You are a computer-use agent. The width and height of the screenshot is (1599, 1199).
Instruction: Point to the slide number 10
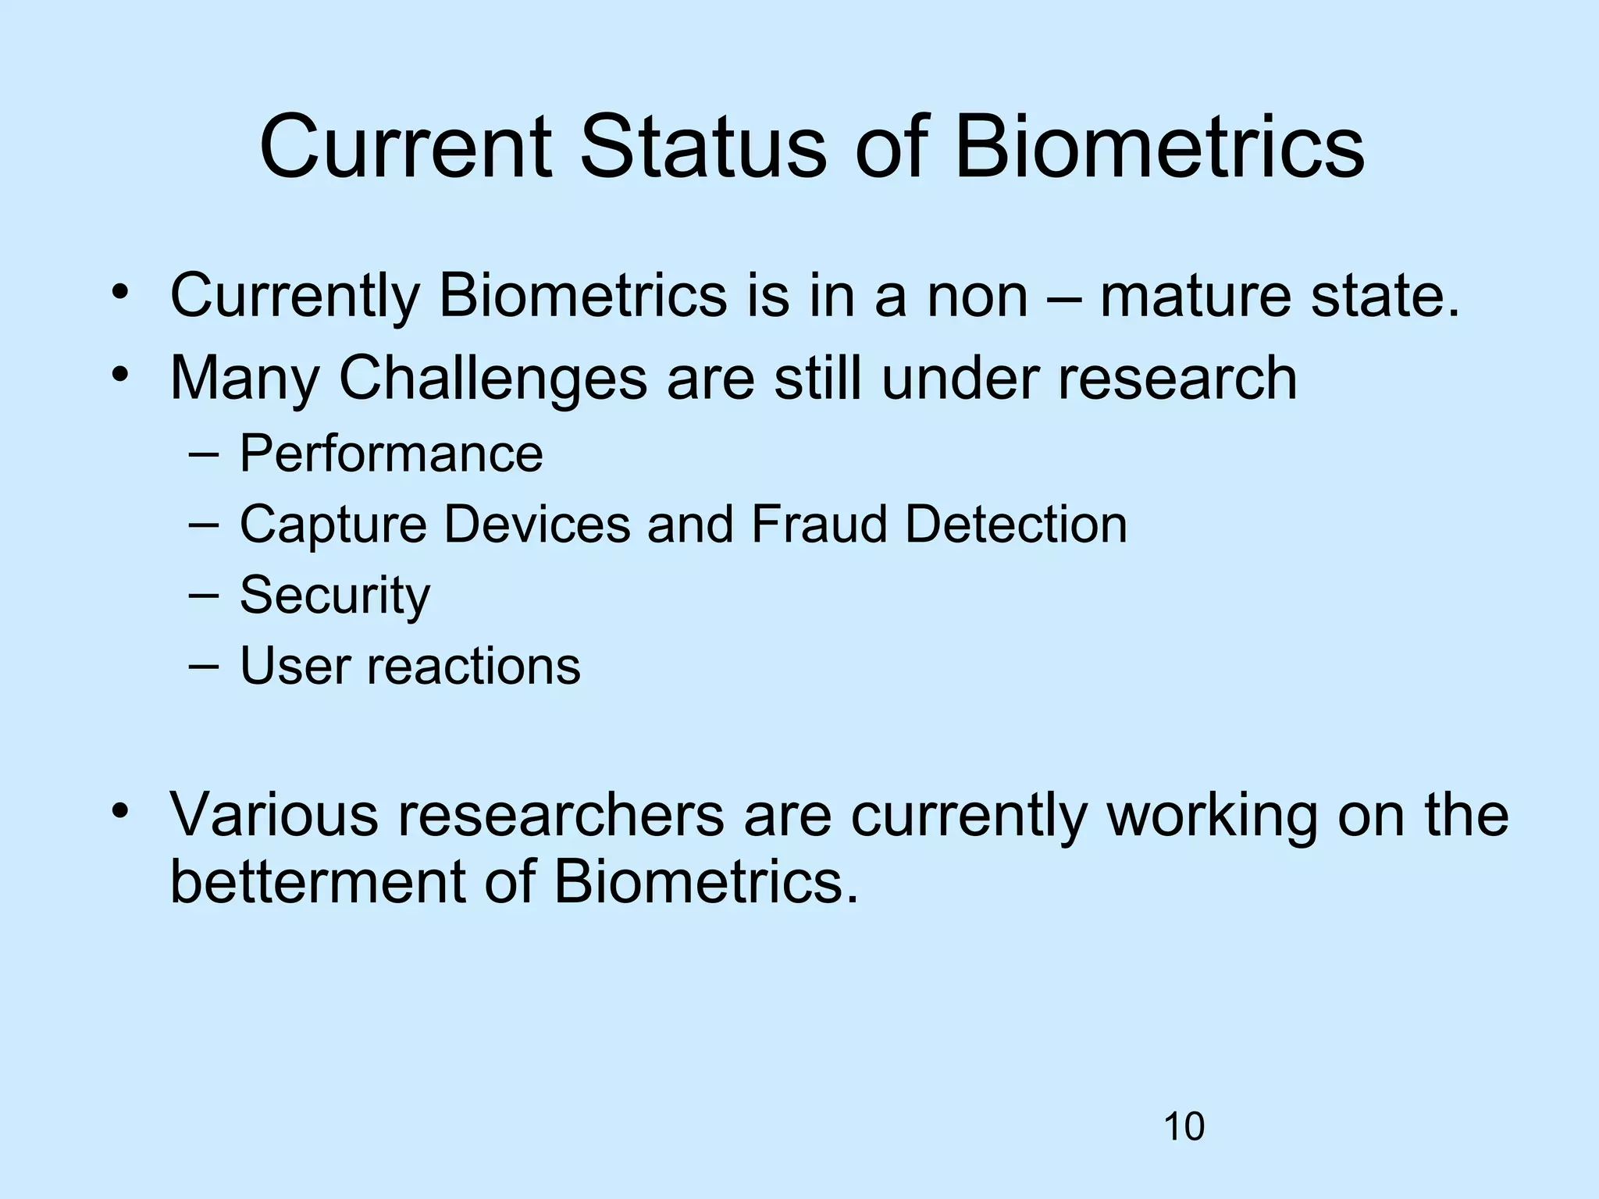click(x=1184, y=1127)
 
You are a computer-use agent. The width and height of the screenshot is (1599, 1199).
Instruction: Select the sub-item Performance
click(x=390, y=454)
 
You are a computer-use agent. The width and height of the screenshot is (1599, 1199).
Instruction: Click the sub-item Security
click(x=334, y=596)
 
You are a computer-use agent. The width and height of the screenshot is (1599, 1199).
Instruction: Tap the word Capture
click(x=333, y=525)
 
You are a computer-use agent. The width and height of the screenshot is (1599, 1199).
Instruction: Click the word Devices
click(x=537, y=524)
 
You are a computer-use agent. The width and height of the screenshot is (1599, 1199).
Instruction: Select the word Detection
click(x=1016, y=524)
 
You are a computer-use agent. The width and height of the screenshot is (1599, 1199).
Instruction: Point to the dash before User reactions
click(x=204, y=666)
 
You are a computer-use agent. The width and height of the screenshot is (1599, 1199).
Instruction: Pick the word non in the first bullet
click(x=977, y=297)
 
